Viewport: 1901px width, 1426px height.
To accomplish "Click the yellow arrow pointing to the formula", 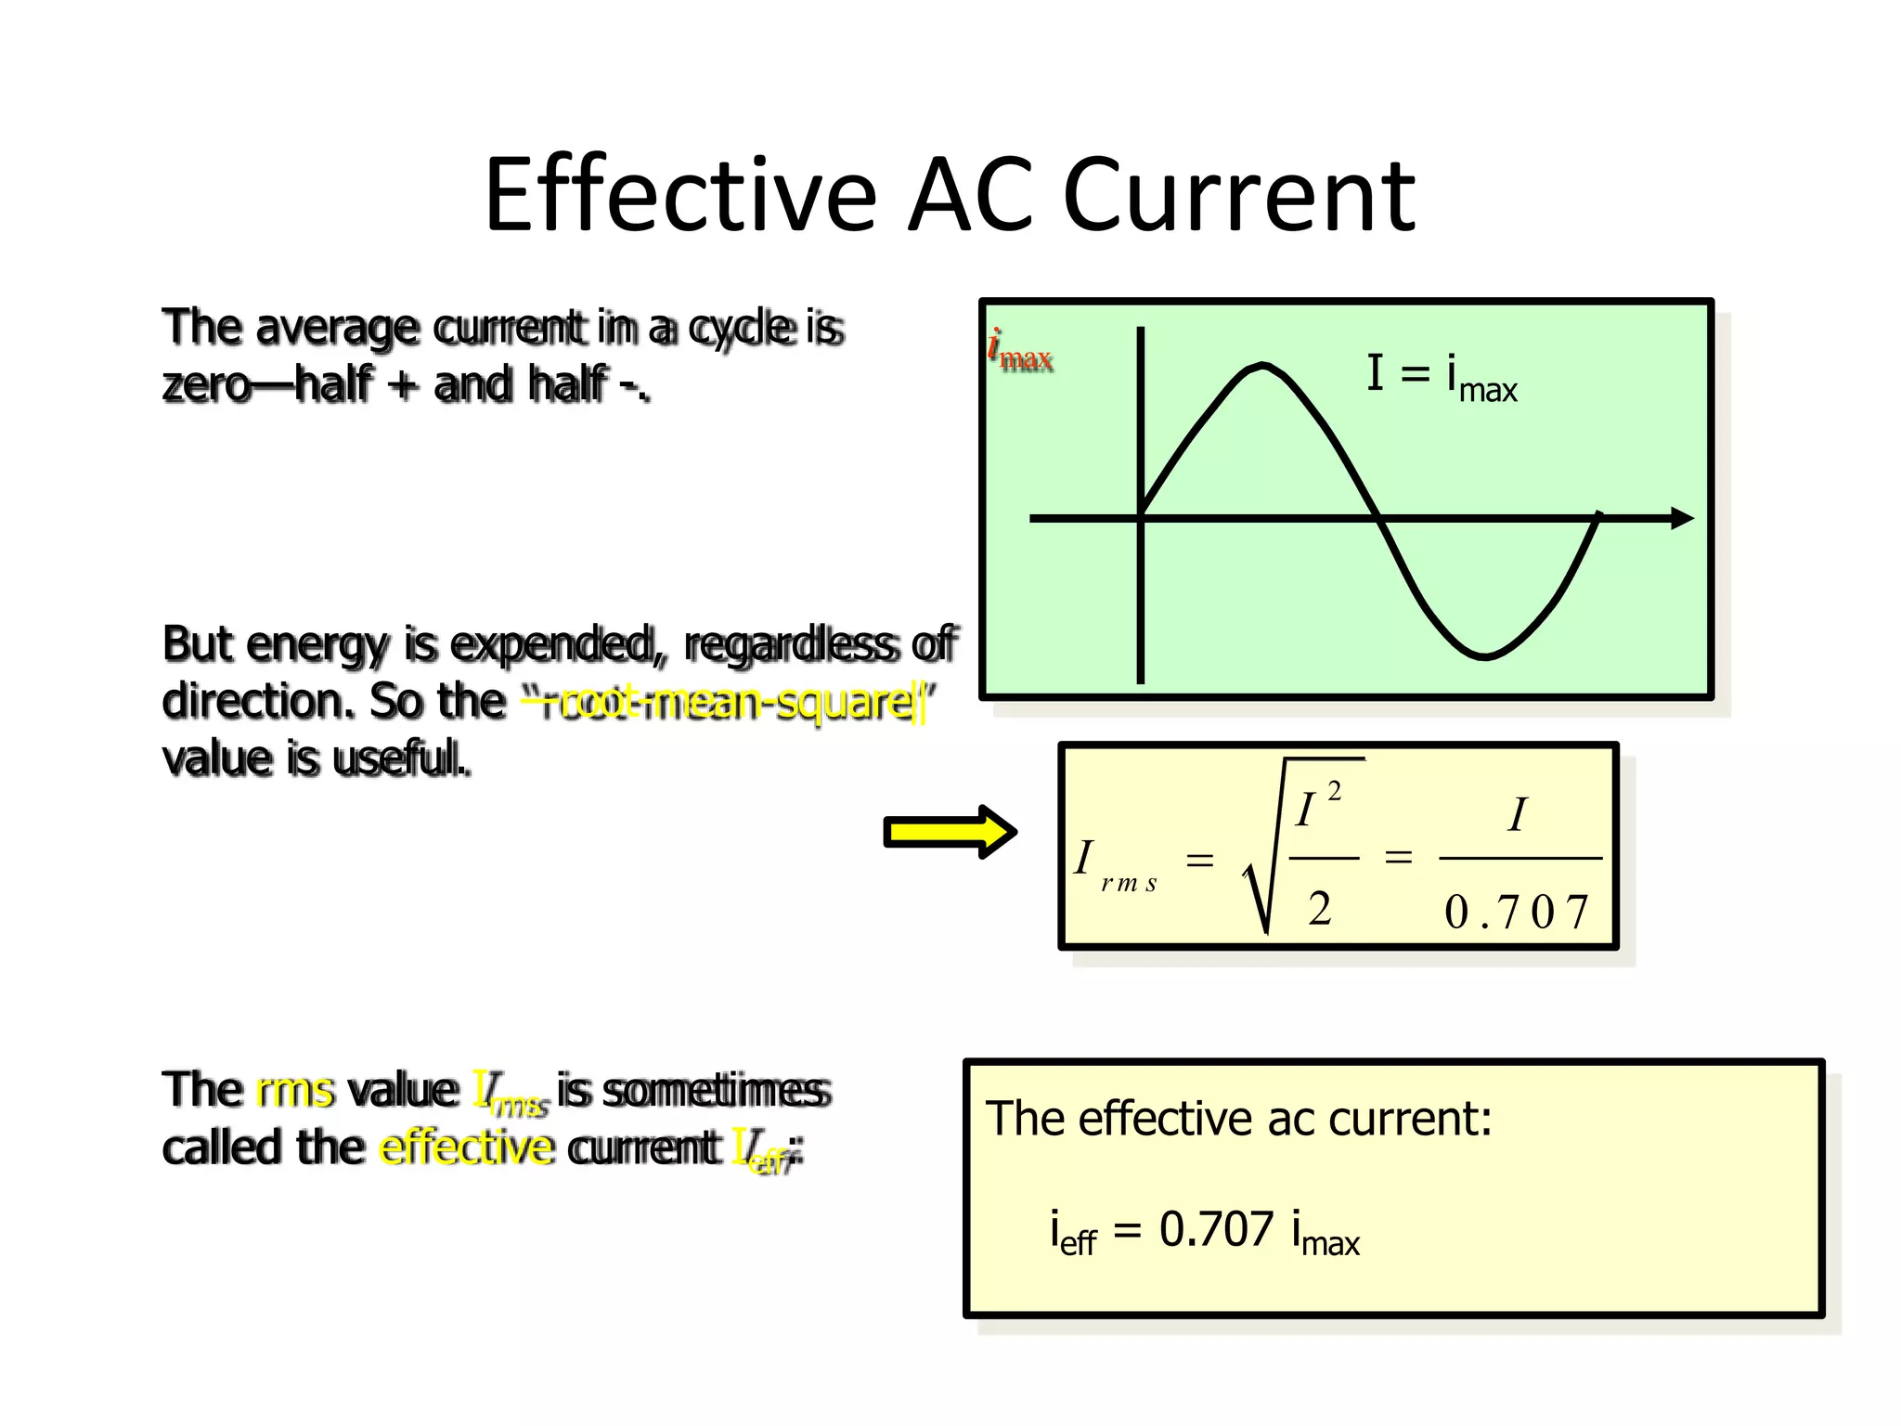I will click(950, 832).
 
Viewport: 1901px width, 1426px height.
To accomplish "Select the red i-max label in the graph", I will click(1020, 352).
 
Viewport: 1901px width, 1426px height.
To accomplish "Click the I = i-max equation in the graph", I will click(1441, 377).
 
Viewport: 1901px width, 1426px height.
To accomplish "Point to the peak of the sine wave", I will click(1262, 366).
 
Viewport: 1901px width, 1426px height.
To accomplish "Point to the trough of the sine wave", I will click(1484, 656).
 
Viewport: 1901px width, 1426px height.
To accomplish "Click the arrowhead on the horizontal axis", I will click(1682, 518).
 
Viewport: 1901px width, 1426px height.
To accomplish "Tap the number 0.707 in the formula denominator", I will click(1517, 912).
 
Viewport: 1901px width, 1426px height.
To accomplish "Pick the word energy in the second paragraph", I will click(317, 644).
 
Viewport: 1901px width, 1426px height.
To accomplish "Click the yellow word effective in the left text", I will click(468, 1147).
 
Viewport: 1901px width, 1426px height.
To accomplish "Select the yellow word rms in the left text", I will click(294, 1090).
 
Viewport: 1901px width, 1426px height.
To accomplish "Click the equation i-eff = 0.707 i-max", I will click(1204, 1233).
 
